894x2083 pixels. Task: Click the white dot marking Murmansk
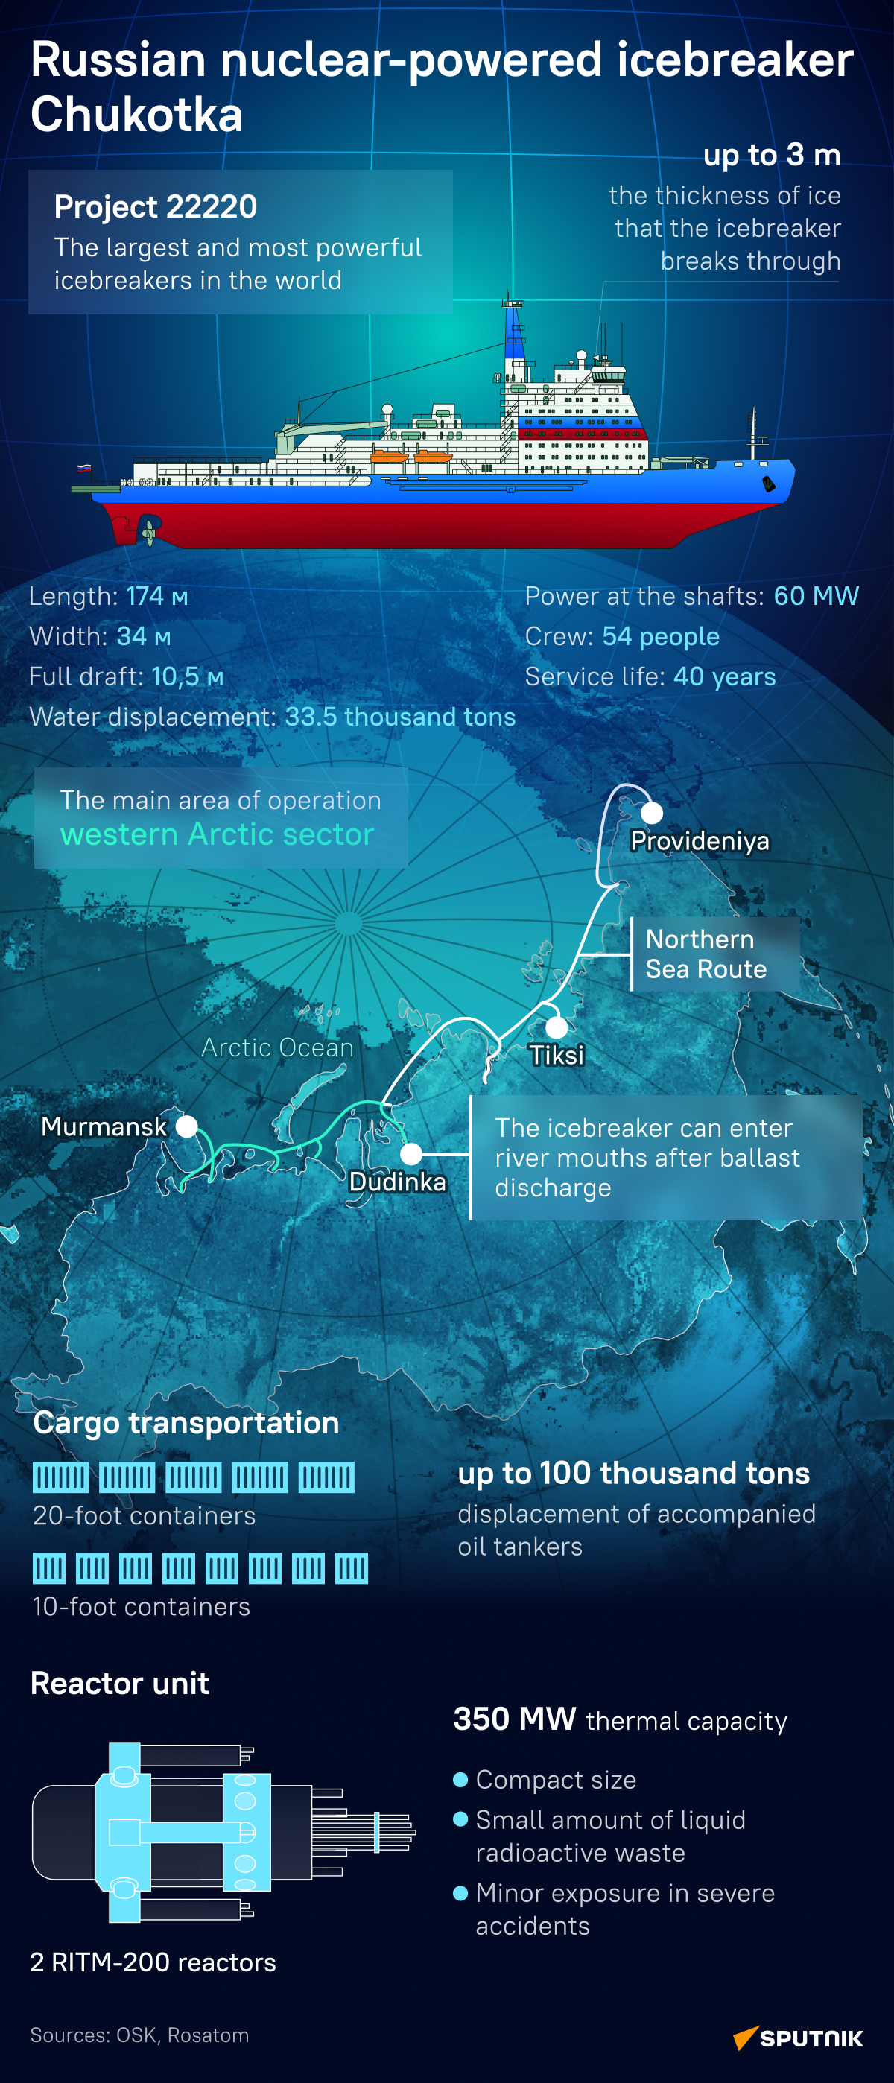point(187,1126)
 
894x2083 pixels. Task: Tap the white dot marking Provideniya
point(652,813)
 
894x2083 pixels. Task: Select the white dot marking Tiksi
point(556,1027)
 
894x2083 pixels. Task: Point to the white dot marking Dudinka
point(410,1154)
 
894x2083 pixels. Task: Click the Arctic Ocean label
point(277,1047)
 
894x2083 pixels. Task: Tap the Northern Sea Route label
point(706,954)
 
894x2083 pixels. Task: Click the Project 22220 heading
point(155,207)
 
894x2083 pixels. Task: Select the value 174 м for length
point(158,597)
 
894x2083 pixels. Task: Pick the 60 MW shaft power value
point(816,597)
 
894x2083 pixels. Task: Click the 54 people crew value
point(660,637)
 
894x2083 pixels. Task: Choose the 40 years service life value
point(724,676)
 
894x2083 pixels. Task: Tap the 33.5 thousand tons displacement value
point(400,717)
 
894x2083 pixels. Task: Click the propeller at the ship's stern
point(148,532)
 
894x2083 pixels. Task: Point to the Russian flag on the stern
point(84,468)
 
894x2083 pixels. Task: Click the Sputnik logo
point(798,2038)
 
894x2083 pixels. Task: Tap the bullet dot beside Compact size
point(460,1779)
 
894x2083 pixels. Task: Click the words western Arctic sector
point(217,834)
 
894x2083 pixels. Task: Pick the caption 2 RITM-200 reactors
point(153,1962)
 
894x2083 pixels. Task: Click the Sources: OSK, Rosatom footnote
point(139,2035)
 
